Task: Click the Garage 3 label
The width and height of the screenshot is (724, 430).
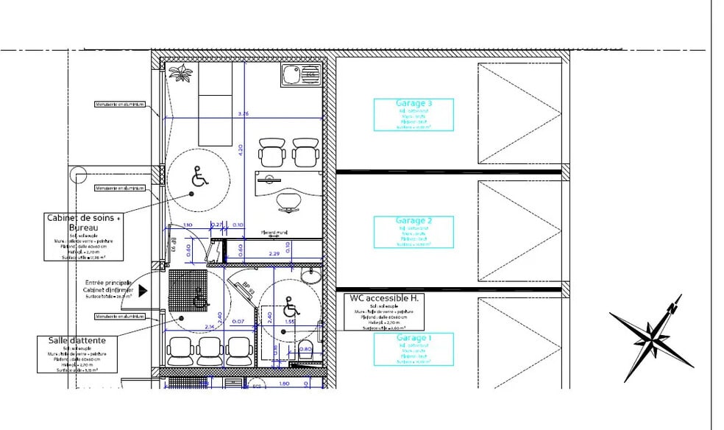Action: [x=414, y=104]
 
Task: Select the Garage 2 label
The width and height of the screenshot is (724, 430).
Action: [x=414, y=221]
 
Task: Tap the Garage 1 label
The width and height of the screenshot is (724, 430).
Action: [x=414, y=338]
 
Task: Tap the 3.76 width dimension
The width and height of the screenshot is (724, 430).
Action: [x=244, y=113]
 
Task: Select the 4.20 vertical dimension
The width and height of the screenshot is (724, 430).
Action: [x=238, y=148]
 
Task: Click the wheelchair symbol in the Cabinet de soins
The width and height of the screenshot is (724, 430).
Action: [x=198, y=177]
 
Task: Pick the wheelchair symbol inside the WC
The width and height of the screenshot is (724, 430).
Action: [x=290, y=303]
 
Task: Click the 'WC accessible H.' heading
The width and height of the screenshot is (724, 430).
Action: [x=383, y=298]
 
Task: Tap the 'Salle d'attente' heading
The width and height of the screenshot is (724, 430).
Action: [x=77, y=340]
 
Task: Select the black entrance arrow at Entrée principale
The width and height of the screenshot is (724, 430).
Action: [x=143, y=290]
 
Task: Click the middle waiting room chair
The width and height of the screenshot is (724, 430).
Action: [x=210, y=350]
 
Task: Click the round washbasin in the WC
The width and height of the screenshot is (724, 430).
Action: [x=312, y=275]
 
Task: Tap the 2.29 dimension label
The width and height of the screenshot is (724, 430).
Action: [x=273, y=254]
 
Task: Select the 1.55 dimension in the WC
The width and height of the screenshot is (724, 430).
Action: [x=290, y=322]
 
